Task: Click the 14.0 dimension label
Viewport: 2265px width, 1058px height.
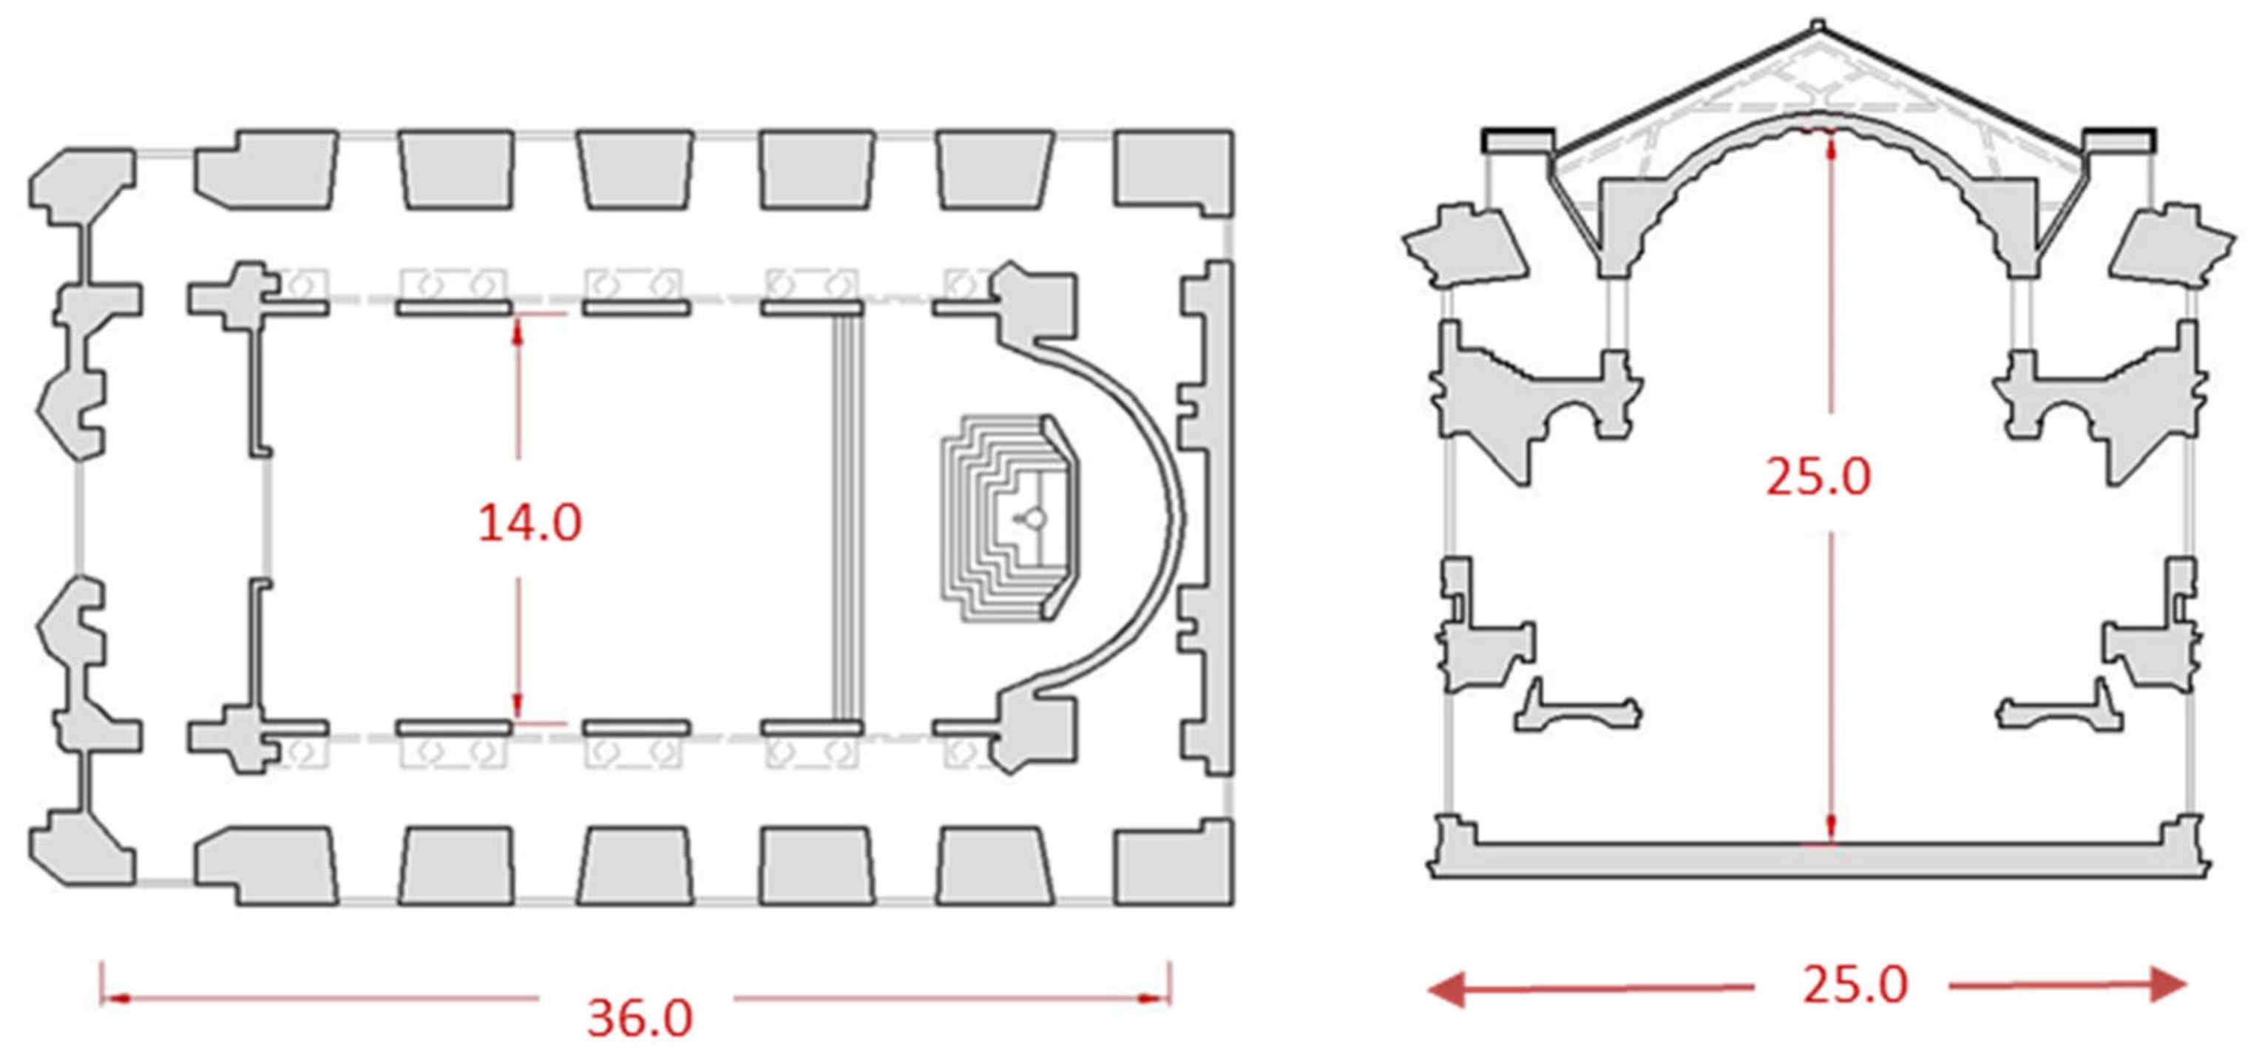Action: (529, 522)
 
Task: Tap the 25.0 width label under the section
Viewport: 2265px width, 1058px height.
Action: (1855, 984)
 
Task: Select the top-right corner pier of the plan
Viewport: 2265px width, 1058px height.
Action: (1173, 172)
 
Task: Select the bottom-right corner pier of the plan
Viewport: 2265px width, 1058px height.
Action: (1173, 863)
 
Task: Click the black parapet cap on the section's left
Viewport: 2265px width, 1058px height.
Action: (1518, 139)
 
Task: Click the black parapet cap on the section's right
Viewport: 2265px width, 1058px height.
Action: (2119, 139)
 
